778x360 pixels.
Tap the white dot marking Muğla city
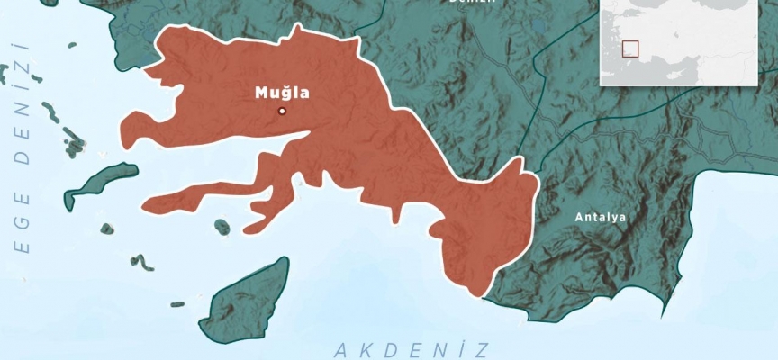[x=282, y=111]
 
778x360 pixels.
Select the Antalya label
[x=600, y=217]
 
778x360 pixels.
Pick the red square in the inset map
[x=630, y=49]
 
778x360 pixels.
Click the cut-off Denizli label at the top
[x=472, y=3]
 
